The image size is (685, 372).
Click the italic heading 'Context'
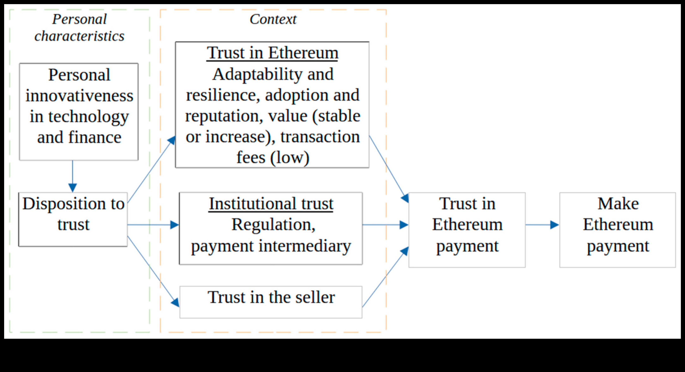pos(273,19)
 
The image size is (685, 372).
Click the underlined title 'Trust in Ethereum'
pos(272,53)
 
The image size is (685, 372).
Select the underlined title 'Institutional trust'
pos(271,204)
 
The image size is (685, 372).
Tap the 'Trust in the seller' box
pos(271,302)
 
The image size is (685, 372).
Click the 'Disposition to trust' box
pos(73,219)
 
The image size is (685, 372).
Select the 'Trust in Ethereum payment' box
pos(467,230)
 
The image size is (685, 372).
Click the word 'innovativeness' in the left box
pos(79,96)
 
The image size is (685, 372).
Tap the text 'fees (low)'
pos(273,157)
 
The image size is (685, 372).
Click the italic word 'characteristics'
pos(79,36)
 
